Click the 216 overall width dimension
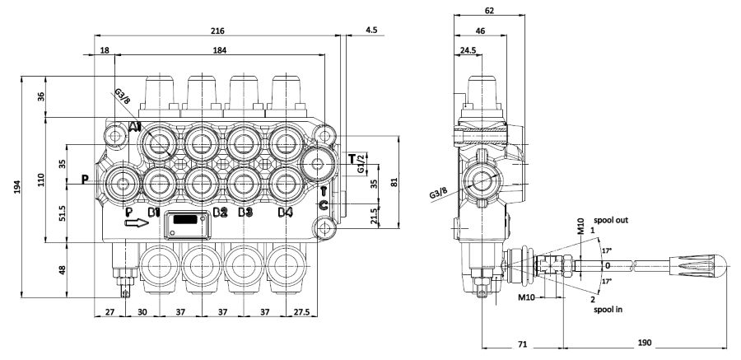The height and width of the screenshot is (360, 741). pyautogui.click(x=217, y=30)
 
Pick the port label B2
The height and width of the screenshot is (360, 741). pyautogui.click(x=219, y=213)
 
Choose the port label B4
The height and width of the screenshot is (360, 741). pyautogui.click(x=285, y=213)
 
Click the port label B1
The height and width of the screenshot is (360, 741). pyautogui.click(x=153, y=213)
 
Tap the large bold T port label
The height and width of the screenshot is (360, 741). pyautogui.click(x=352, y=158)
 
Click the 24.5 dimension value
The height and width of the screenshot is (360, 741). pyautogui.click(x=467, y=50)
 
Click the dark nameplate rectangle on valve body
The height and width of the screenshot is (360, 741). pyautogui.click(x=186, y=220)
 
